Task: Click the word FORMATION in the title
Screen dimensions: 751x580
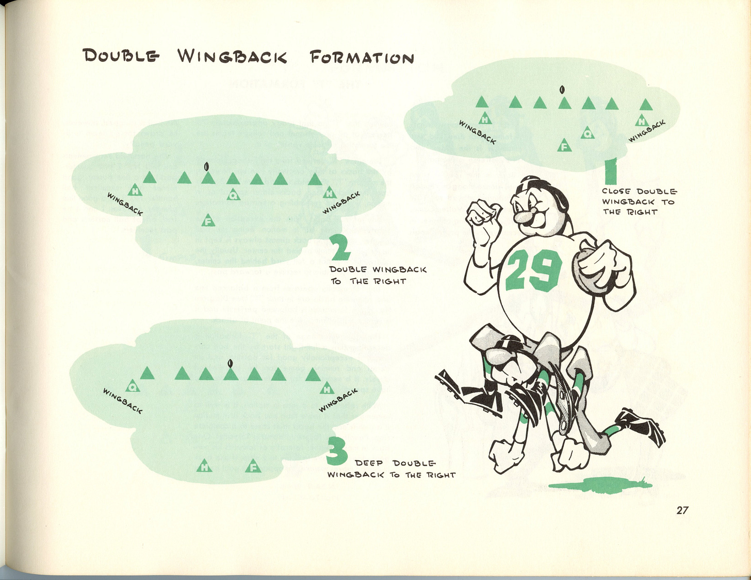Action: coord(362,57)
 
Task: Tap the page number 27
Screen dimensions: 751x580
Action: coord(682,510)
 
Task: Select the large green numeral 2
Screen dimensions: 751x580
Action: coord(340,247)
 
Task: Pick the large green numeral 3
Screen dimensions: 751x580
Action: coord(337,451)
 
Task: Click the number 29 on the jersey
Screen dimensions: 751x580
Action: coord(534,271)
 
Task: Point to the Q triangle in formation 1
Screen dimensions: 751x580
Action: coord(587,133)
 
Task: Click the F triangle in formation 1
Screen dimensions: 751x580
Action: coord(564,146)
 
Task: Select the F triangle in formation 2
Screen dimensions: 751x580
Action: coord(208,220)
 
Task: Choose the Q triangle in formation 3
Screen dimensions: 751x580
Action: coord(133,386)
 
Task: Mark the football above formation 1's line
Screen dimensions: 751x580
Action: coord(562,90)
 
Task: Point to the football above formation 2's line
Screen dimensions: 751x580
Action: coord(206,167)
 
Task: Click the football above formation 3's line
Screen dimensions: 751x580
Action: coord(230,363)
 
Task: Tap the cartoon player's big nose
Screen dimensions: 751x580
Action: coord(522,217)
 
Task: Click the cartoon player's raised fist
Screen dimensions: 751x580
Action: coord(483,215)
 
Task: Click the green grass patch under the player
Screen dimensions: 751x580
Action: coord(600,485)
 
